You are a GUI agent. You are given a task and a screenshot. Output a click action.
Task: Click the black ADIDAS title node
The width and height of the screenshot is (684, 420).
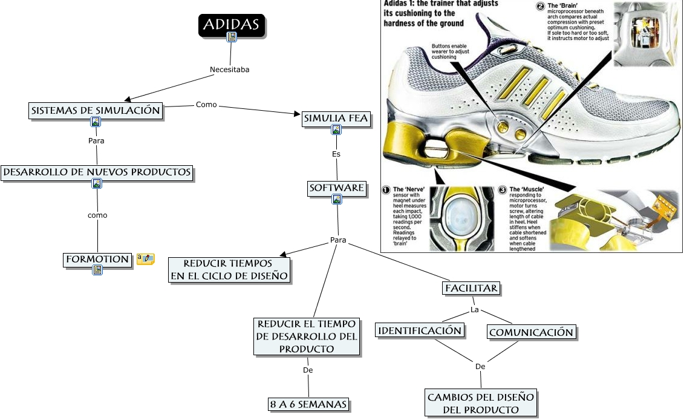tap(232, 24)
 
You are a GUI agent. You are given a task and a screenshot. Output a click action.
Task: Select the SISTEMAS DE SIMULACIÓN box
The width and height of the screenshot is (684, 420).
tap(96, 110)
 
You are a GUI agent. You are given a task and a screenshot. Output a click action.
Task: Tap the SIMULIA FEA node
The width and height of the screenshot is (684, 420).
tap(336, 119)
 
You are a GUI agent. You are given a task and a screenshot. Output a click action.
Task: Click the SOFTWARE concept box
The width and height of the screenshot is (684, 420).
tap(337, 188)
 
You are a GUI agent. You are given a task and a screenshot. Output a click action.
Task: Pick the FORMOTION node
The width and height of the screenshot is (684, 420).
tap(97, 259)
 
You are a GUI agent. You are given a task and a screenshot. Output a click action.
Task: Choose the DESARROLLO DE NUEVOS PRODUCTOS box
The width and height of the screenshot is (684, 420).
tap(97, 172)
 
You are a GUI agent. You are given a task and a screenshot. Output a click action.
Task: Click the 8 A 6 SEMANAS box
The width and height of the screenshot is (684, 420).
tap(308, 404)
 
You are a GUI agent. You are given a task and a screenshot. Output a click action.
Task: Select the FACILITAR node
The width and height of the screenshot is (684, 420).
tap(472, 288)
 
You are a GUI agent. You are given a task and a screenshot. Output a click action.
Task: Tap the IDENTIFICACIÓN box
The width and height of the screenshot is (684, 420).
tap(420, 330)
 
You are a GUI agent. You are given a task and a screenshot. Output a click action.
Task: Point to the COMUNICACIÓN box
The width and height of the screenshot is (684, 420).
tap(531, 332)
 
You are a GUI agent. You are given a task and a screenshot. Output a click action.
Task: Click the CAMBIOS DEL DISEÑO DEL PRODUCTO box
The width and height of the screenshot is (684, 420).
tap(481, 403)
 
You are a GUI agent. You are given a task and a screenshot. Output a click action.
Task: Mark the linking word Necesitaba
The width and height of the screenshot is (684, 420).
tap(229, 70)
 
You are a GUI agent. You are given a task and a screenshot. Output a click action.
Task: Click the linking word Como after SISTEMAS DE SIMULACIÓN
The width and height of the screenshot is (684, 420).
tap(206, 105)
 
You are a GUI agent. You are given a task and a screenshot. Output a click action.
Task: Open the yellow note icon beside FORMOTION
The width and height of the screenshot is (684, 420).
tap(145, 259)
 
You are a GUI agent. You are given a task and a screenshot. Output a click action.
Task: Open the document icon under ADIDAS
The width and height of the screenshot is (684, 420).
tap(232, 38)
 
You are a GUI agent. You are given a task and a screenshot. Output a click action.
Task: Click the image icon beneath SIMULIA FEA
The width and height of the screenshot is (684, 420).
tap(336, 130)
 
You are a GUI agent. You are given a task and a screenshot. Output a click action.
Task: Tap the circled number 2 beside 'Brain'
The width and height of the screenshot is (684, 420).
tap(540, 7)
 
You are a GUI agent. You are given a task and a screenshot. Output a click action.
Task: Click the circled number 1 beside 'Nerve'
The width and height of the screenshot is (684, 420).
tap(386, 189)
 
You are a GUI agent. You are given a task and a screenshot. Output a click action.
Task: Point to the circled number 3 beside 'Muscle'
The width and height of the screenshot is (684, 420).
tap(502, 189)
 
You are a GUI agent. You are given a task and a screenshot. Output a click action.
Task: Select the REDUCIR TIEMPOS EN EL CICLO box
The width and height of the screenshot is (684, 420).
tap(229, 270)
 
